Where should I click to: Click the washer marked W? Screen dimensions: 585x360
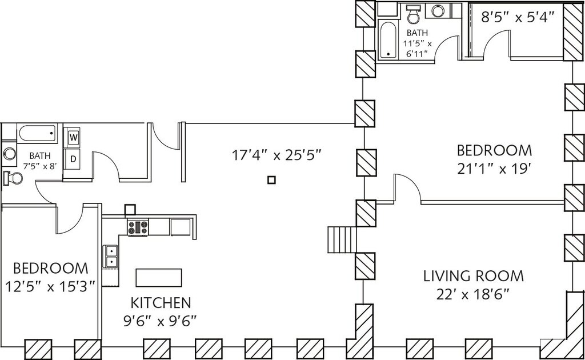(x=74, y=137)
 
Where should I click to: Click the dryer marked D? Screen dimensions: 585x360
(x=74, y=158)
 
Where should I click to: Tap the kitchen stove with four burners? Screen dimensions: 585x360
(x=138, y=227)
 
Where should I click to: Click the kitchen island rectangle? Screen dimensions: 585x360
(x=159, y=278)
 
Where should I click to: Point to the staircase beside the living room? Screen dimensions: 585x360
(x=342, y=239)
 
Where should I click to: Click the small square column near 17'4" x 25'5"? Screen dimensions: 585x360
(x=271, y=180)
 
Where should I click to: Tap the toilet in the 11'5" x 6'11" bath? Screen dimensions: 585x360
(x=413, y=13)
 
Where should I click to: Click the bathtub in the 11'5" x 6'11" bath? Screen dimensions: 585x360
(x=387, y=39)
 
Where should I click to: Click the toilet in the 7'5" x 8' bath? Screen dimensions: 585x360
(x=13, y=178)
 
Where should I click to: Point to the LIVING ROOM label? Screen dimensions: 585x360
(x=473, y=277)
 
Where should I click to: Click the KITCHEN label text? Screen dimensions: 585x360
(x=161, y=302)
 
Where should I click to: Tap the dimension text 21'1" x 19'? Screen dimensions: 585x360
(x=494, y=170)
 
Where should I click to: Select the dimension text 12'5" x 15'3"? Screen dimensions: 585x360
(x=51, y=287)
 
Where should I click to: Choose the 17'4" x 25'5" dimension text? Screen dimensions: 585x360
(x=277, y=154)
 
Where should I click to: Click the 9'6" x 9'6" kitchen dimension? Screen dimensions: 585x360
(x=161, y=321)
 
